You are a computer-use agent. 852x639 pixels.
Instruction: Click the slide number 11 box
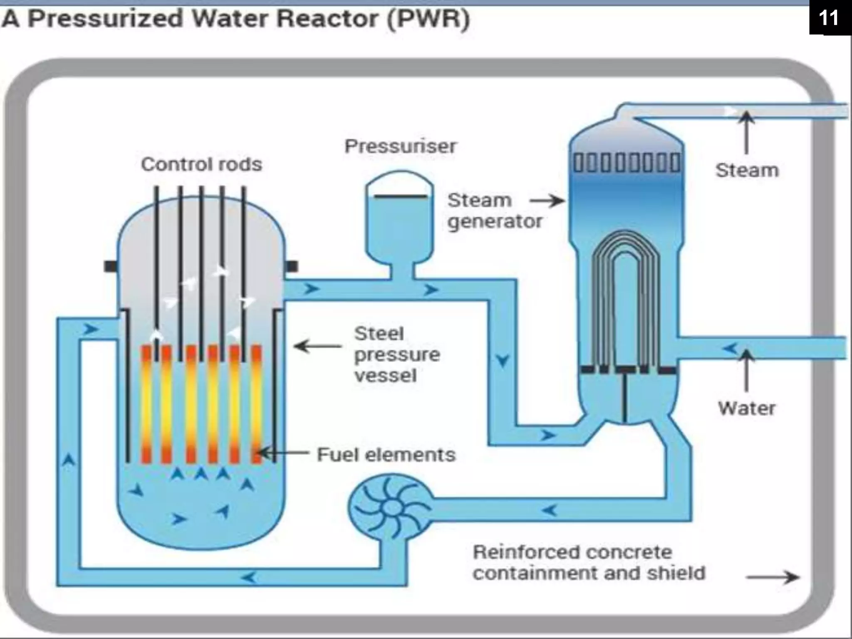pos(829,17)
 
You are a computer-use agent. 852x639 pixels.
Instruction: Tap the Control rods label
pos(201,164)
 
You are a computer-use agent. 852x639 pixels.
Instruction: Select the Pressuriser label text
pos(400,146)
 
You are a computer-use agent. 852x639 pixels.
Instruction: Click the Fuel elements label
pos(386,454)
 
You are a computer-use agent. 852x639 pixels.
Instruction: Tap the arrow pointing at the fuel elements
pos(283,453)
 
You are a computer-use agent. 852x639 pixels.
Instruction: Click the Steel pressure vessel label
pos(396,354)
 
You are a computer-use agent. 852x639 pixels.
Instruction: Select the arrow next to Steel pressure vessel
pos(318,346)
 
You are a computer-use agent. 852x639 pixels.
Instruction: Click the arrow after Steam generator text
pos(547,201)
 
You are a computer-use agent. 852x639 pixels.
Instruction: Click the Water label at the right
pos(747,408)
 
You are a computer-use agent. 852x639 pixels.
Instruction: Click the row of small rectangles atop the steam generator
pos(627,163)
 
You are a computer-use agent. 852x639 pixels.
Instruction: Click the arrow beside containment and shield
pos(772,577)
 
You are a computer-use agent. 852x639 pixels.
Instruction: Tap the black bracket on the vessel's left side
pos(111,266)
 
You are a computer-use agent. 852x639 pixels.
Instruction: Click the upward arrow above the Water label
pos(747,370)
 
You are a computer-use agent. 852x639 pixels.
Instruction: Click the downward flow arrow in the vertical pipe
pos(503,360)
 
